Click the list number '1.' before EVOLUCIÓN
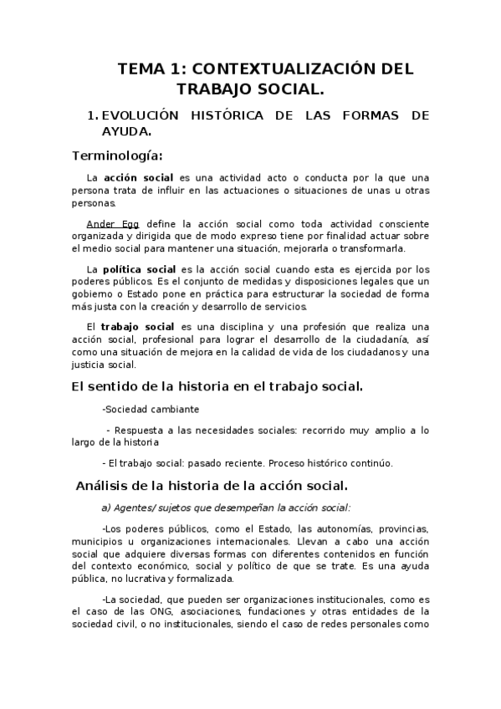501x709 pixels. pyautogui.click(x=93, y=115)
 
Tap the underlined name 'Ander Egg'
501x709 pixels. pyautogui.click(x=113, y=224)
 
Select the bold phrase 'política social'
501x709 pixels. pyautogui.click(x=139, y=269)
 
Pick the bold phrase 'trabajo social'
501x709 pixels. pyautogui.click(x=138, y=326)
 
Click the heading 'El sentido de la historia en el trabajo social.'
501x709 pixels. pyautogui.click(x=217, y=386)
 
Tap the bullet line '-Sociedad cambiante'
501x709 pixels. pyautogui.click(x=150, y=410)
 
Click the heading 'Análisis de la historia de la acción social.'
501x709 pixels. pyautogui.click(x=212, y=486)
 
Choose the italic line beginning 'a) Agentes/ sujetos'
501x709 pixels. pyautogui.click(x=226, y=507)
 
